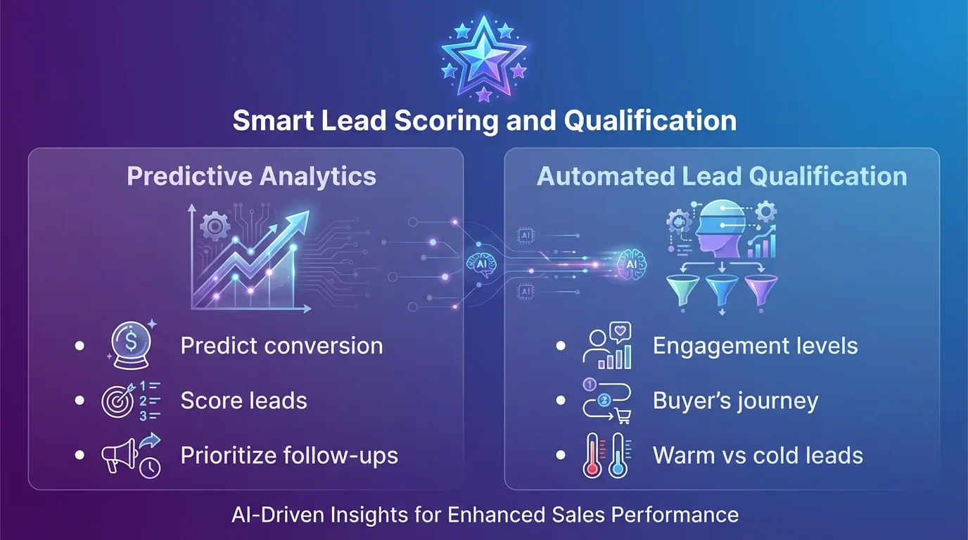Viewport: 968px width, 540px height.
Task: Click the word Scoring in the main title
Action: (x=443, y=120)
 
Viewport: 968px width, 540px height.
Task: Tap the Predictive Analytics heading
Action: (x=251, y=176)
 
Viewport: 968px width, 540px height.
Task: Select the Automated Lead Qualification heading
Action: (x=722, y=176)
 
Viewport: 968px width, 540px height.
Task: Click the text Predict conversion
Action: (x=281, y=346)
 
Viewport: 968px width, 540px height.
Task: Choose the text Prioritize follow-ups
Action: (x=289, y=456)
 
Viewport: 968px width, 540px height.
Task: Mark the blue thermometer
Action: (x=618, y=456)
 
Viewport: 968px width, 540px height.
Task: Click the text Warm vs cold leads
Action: (x=758, y=456)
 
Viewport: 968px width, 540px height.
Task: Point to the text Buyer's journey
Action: (x=735, y=401)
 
